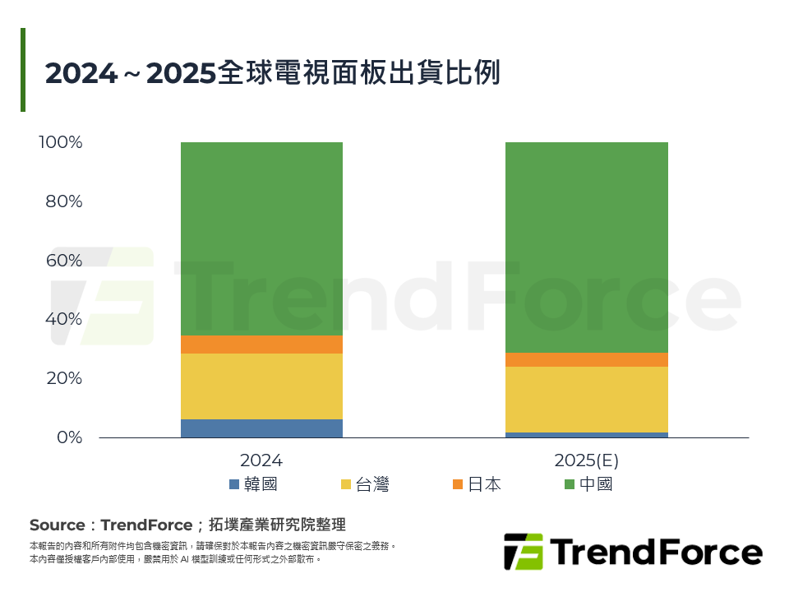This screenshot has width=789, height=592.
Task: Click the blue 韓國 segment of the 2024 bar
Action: tap(261, 428)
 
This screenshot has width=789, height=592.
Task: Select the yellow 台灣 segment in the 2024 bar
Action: tap(261, 386)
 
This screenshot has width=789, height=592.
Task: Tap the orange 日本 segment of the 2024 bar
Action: tap(261, 345)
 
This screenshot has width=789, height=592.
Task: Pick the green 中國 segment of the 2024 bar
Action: tap(261, 238)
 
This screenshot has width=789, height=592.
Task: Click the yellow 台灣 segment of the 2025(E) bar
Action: tap(586, 399)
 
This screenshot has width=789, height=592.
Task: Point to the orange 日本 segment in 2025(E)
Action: tap(586, 359)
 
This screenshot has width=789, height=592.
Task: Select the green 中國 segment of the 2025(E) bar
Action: tap(586, 247)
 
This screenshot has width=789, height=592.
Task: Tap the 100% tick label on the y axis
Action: tap(61, 142)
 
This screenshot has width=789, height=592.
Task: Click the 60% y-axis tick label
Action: tap(64, 261)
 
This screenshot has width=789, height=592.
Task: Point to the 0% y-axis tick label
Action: tap(68, 437)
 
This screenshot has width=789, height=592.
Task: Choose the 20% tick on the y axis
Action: tap(64, 378)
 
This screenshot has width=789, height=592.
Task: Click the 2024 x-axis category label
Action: tap(261, 460)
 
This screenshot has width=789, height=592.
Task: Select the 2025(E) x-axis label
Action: tap(586, 460)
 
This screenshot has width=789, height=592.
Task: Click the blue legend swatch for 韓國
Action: tap(234, 484)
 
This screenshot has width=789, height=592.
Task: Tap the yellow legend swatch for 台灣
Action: tap(346, 484)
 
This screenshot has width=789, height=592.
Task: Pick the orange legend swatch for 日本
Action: tap(458, 484)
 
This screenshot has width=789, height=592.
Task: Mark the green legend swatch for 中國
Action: tap(570, 484)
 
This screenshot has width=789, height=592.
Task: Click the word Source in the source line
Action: tap(57, 525)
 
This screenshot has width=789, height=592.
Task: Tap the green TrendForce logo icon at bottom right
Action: tap(523, 552)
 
